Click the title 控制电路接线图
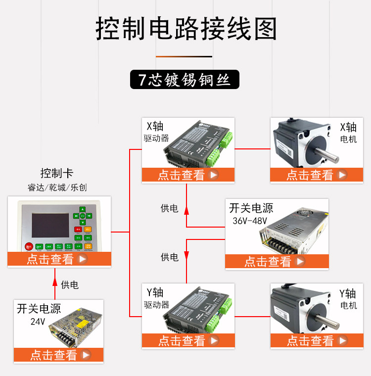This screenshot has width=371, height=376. click(x=185, y=29)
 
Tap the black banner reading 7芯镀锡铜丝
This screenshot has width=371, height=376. click(x=185, y=80)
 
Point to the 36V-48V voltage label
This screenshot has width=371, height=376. click(x=249, y=221)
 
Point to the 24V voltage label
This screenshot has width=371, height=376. click(x=38, y=322)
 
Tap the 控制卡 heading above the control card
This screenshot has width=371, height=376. click(x=56, y=174)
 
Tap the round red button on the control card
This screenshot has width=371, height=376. click(x=28, y=246)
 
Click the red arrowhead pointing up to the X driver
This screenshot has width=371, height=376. click(x=186, y=210)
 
